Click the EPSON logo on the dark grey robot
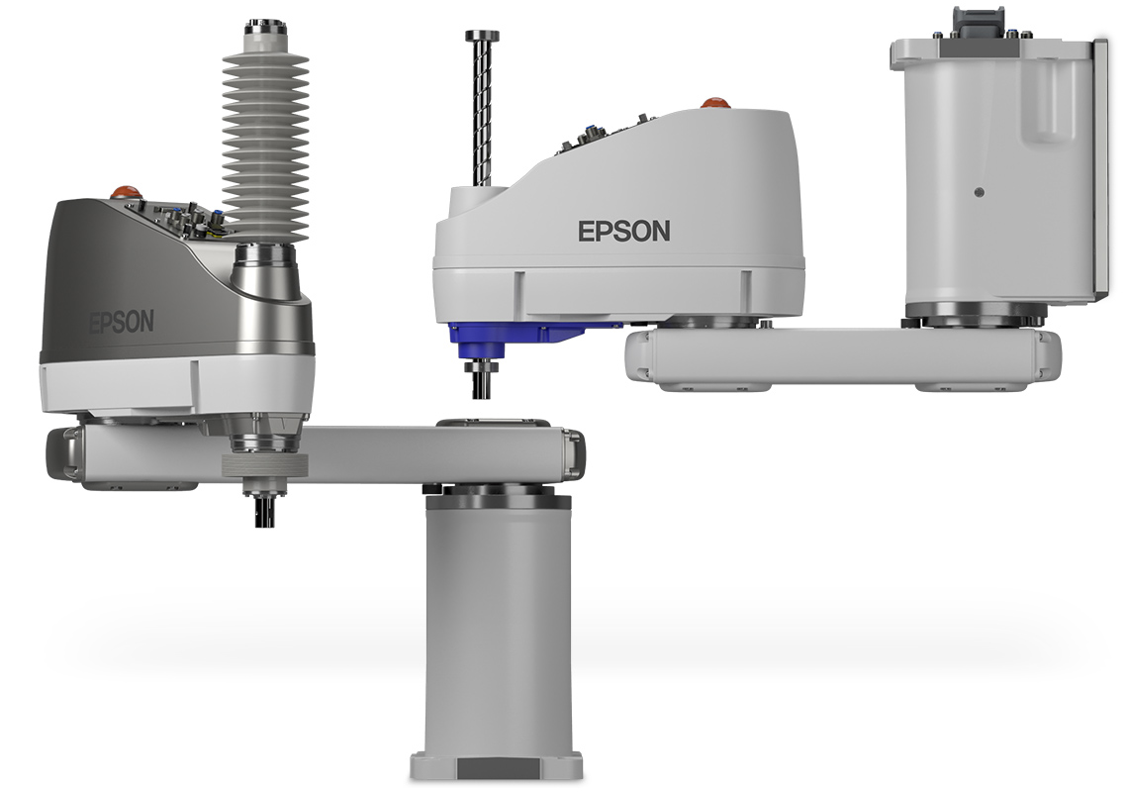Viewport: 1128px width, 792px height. click(x=122, y=323)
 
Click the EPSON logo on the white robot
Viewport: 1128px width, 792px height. click(x=623, y=232)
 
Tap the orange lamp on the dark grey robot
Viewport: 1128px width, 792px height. click(x=125, y=191)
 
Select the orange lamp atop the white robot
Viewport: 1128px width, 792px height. click(x=714, y=102)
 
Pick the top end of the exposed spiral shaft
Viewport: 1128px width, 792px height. click(x=482, y=37)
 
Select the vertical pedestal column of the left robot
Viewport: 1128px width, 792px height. click(x=498, y=624)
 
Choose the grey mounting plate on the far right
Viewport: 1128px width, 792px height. click(x=1099, y=168)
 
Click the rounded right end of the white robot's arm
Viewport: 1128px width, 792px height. click(x=1046, y=356)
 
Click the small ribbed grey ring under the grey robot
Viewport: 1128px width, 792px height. click(x=264, y=466)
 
